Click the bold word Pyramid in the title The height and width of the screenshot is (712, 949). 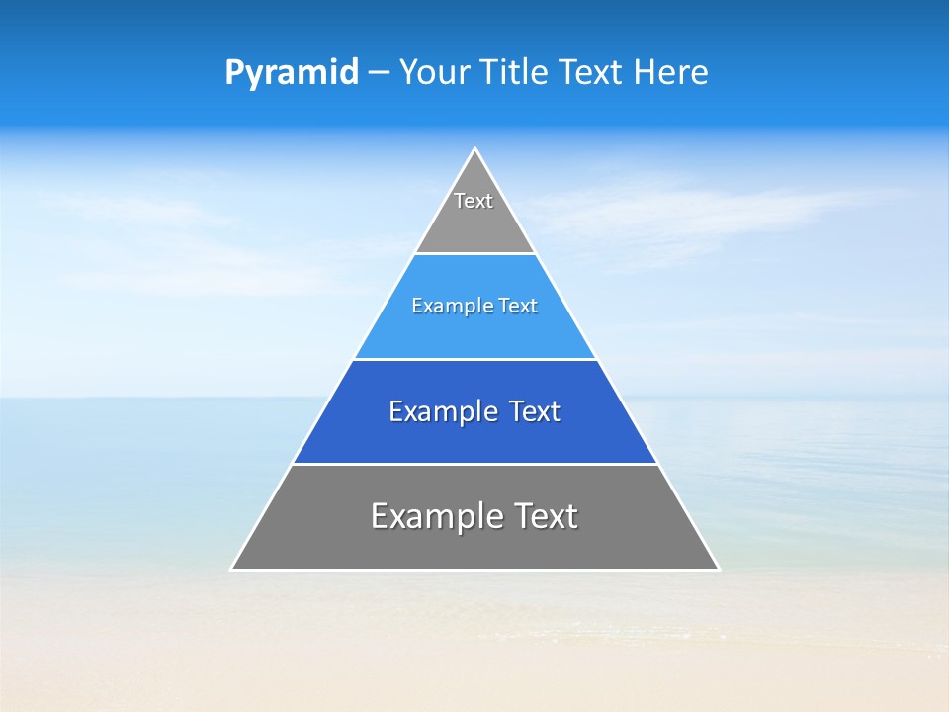[x=292, y=73]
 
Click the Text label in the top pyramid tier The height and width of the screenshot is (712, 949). [x=474, y=201]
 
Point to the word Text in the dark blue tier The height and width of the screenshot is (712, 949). [x=535, y=412]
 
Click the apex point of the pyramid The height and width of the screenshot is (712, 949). [x=475, y=149]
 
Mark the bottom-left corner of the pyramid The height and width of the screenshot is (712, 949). [x=232, y=569]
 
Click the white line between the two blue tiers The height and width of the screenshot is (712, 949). [x=475, y=359]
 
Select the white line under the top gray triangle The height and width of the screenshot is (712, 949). [x=475, y=253]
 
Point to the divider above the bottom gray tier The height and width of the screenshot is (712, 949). [x=475, y=464]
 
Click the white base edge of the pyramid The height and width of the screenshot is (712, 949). [x=475, y=570]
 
